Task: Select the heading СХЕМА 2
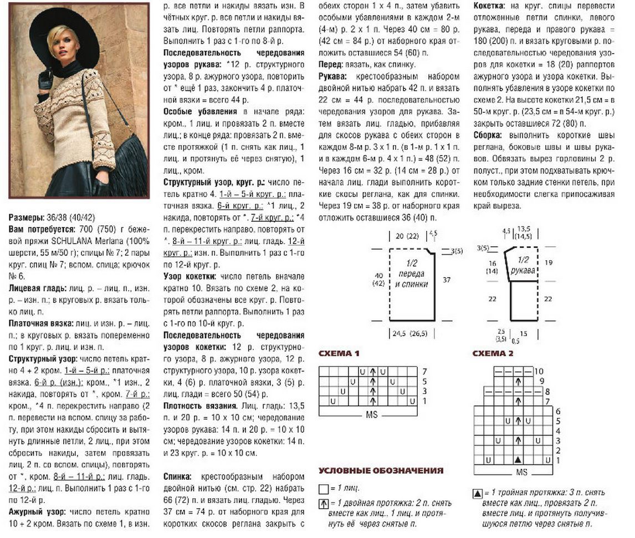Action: click(493, 353)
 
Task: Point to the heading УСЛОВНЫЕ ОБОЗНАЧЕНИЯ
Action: click(381, 470)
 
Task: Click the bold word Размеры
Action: click(25, 218)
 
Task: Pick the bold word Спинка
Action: click(179, 477)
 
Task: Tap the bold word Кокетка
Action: click(489, 6)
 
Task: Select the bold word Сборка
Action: click(488, 135)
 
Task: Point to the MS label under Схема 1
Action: click(371, 415)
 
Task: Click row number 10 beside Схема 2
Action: click(539, 371)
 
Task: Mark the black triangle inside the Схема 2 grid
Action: click(518, 460)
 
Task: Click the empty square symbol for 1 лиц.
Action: click(324, 489)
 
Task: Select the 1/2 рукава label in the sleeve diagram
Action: click(524, 265)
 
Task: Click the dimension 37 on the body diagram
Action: click(447, 280)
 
